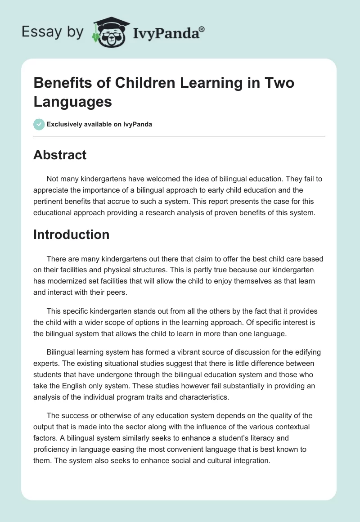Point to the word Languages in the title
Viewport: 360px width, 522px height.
pos(72,102)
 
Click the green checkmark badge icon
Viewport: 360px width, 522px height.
pos(39,124)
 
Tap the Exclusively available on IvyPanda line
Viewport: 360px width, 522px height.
pos(99,124)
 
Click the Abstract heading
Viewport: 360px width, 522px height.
pos(60,155)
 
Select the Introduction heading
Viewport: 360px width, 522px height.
pos(72,234)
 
